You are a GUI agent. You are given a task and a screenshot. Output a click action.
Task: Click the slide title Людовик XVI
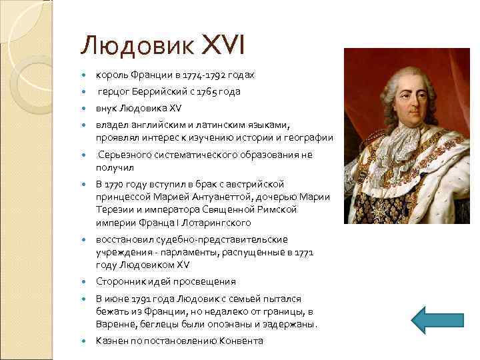(163, 45)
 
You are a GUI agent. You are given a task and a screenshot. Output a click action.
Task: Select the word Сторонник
(121, 281)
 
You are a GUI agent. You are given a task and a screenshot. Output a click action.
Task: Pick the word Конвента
(241, 341)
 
